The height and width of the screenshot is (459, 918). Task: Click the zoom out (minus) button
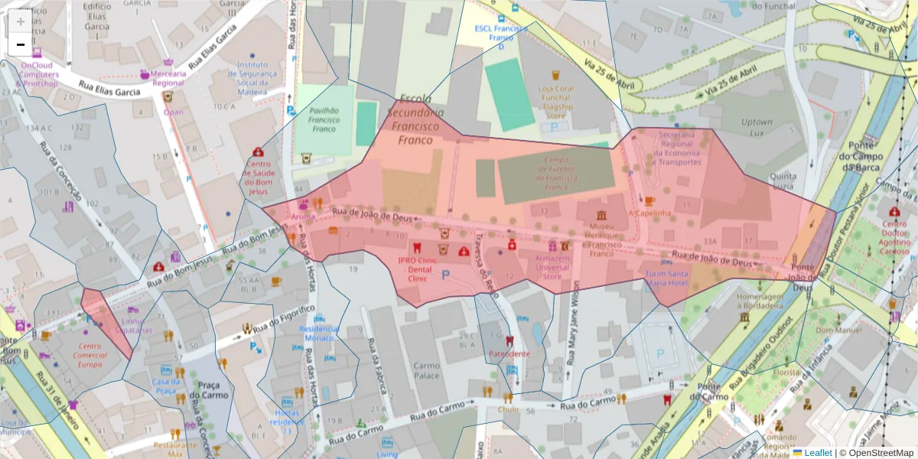tap(21, 45)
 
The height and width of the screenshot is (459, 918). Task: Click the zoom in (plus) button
tap(21, 21)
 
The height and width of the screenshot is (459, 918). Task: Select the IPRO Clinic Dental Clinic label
tap(418, 269)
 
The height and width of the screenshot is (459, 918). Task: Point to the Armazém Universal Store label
tap(552, 267)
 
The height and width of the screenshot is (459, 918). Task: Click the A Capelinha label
tap(649, 213)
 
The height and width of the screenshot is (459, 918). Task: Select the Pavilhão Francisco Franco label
tap(324, 119)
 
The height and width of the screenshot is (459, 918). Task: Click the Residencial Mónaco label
tap(320, 333)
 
